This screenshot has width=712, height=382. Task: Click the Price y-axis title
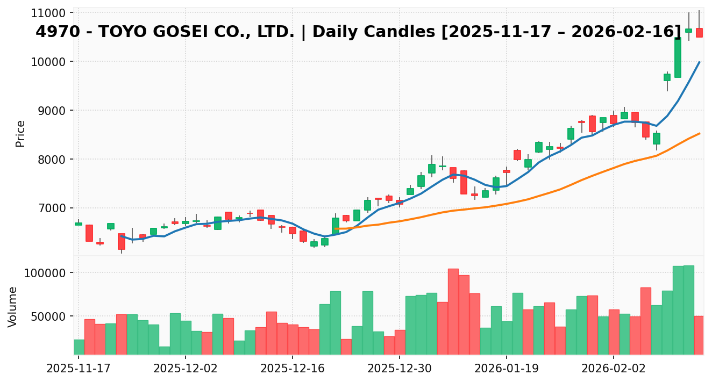point(20,133)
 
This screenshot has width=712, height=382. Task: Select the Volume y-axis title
point(13,306)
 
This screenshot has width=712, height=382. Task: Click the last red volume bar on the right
point(699,335)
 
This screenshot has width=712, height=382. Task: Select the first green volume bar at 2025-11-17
point(79,347)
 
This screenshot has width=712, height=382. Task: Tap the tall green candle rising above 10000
point(678,57)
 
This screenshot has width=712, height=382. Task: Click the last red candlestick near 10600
point(699,33)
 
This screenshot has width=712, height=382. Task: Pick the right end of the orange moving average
point(700,133)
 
